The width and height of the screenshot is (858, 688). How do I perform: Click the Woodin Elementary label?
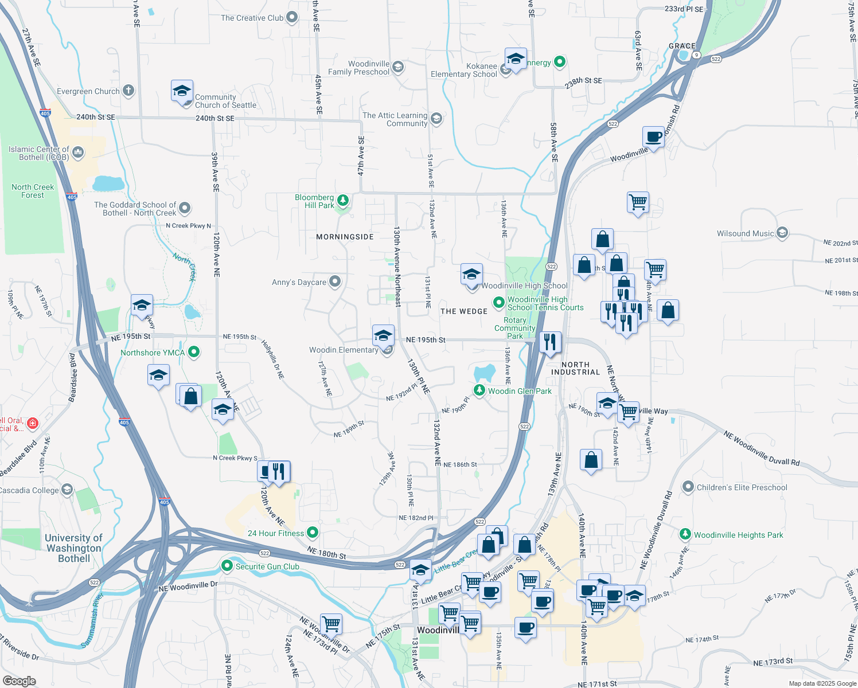(x=344, y=350)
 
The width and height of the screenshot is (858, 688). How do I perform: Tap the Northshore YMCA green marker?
(x=194, y=352)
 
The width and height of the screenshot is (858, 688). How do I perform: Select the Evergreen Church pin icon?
(x=128, y=90)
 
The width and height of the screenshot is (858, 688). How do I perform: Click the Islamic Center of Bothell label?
(x=38, y=153)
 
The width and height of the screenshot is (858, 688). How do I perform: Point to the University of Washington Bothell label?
(x=74, y=548)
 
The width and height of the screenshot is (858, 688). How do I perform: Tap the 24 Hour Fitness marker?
(x=313, y=533)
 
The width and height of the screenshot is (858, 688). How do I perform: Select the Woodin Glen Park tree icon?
(x=479, y=390)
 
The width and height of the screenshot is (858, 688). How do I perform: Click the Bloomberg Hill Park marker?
(x=342, y=200)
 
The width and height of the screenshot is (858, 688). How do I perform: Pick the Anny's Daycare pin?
(x=335, y=282)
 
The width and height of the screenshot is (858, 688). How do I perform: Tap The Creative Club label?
(x=252, y=18)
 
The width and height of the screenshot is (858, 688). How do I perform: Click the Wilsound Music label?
(x=745, y=233)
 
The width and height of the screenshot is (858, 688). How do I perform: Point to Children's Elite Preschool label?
(x=742, y=487)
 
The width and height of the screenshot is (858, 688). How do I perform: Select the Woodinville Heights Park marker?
(x=685, y=534)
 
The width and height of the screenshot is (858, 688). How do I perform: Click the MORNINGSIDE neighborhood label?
(x=345, y=237)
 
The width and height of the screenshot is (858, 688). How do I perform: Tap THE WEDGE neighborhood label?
(x=464, y=311)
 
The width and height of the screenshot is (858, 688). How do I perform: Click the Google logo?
(x=19, y=681)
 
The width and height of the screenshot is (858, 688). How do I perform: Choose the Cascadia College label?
(x=29, y=490)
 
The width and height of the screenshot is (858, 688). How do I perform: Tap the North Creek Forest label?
(x=33, y=191)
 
